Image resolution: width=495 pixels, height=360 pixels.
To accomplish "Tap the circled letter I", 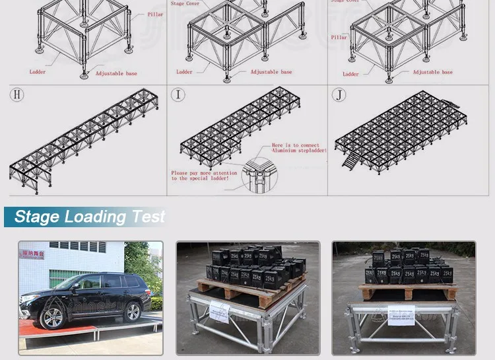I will [x=178, y=94].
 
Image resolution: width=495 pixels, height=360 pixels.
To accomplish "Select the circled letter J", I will [x=339, y=94].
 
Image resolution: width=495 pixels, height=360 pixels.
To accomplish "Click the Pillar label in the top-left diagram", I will [x=154, y=14].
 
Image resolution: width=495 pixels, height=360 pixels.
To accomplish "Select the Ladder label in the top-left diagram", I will [x=38, y=71].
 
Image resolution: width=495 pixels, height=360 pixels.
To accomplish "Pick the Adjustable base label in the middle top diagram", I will [x=271, y=71].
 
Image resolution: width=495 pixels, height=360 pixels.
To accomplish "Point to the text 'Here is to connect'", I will [x=295, y=145].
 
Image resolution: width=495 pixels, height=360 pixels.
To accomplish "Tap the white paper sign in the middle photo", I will [x=219, y=310].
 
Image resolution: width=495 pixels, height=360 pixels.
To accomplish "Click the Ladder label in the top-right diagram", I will [x=351, y=74].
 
